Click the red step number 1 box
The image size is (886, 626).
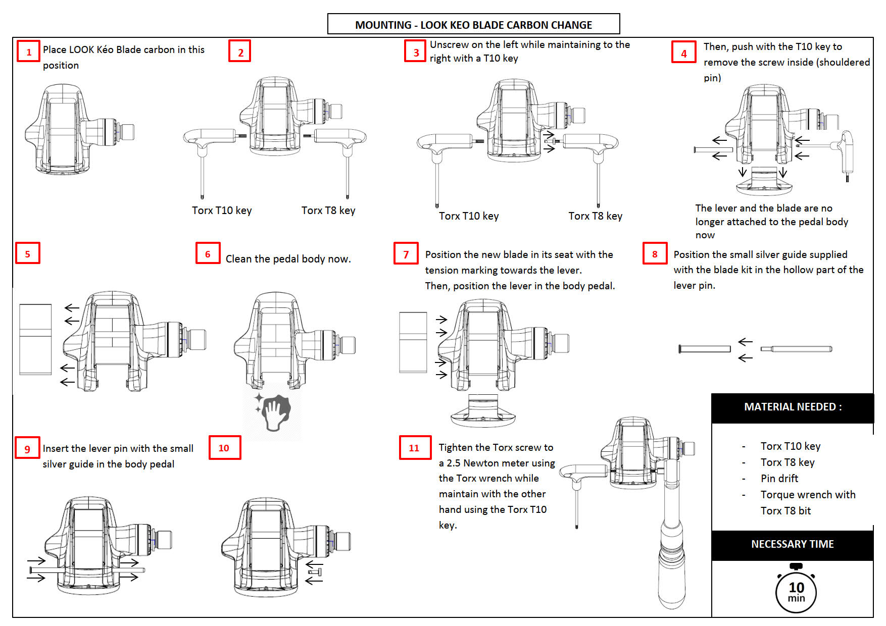click(x=28, y=51)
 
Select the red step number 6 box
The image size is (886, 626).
click(x=208, y=253)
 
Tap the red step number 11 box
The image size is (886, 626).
click(x=415, y=447)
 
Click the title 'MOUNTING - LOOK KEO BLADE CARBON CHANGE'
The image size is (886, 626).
click(x=473, y=24)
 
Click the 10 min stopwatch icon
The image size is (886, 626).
click(x=796, y=591)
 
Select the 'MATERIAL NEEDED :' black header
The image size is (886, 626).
click(x=793, y=407)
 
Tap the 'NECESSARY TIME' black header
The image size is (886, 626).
click(x=792, y=544)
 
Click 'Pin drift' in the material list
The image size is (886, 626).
click(x=779, y=478)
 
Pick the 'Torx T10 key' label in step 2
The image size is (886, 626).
click(x=222, y=211)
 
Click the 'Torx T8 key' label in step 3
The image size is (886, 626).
click(x=595, y=216)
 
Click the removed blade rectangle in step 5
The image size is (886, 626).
click(x=35, y=339)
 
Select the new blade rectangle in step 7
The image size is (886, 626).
click(x=413, y=342)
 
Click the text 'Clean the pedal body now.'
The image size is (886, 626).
click(x=288, y=259)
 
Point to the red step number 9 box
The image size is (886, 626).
click(x=27, y=448)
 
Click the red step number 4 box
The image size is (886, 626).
click(x=683, y=53)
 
